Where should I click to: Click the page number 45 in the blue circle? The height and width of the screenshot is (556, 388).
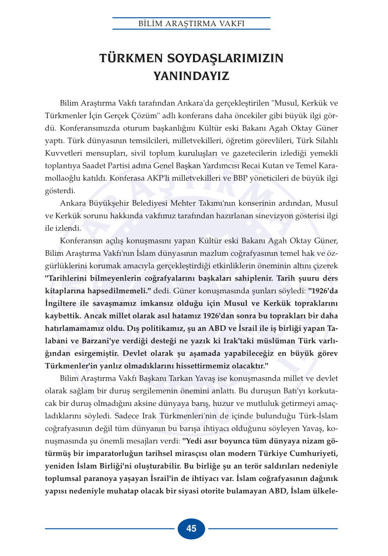click(x=192, y=528)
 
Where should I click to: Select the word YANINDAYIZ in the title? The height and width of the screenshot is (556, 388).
click(x=192, y=77)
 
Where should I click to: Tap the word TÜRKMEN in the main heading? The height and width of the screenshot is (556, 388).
click(x=127, y=58)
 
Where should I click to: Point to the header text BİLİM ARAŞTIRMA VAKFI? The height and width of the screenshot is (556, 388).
click(x=192, y=23)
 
